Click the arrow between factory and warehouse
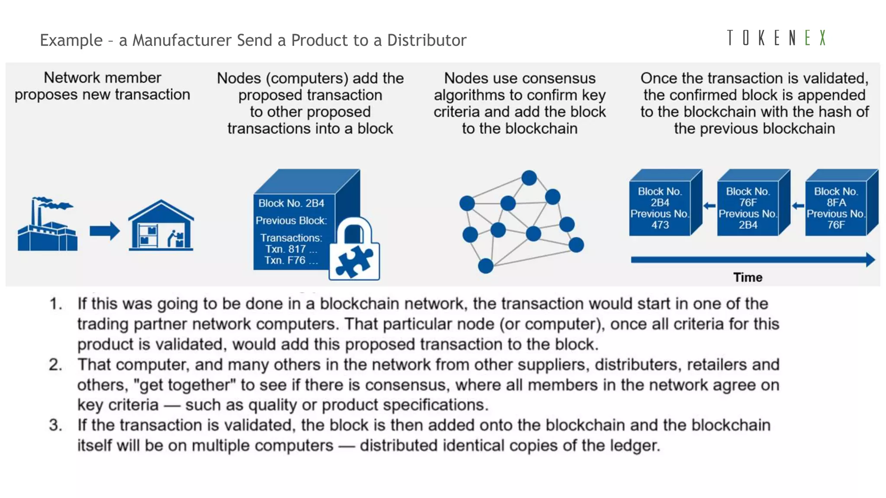[104, 231]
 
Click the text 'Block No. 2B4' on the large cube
[291, 203]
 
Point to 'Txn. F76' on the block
[285, 260]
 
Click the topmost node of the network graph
[529, 178]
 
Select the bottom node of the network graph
[485, 265]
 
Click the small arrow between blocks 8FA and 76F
[798, 206]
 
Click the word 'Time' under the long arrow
[748, 277]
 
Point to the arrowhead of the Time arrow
[870, 260]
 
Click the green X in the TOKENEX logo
[822, 38]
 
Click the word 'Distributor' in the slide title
[427, 40]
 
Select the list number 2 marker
[55, 365]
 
